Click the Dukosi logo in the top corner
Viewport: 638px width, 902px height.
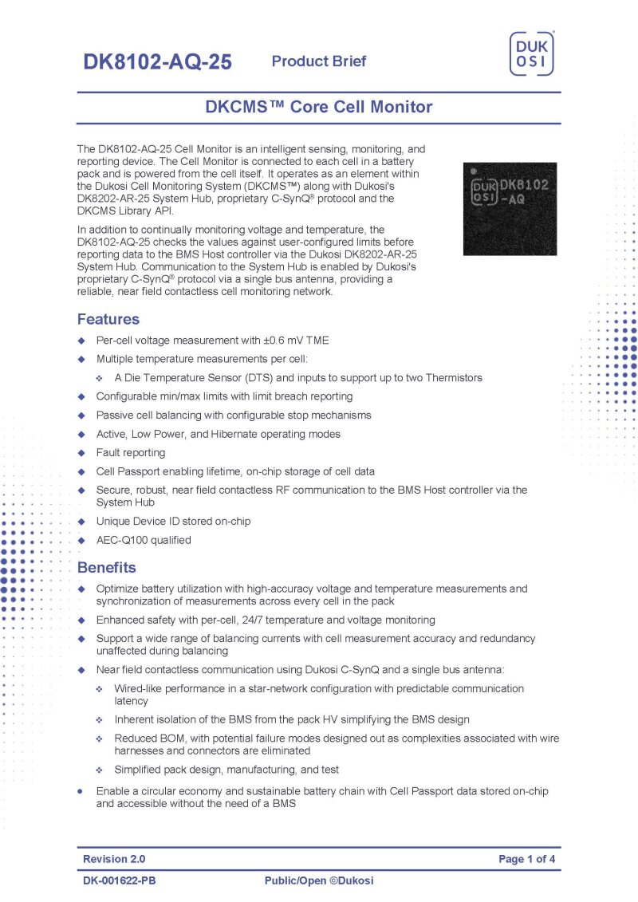tap(532, 54)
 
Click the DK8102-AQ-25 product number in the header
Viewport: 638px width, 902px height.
tap(157, 62)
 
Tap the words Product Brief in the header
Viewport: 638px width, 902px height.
tap(319, 61)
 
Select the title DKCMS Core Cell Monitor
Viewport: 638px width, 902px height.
tap(319, 107)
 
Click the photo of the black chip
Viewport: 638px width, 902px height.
tap(510, 209)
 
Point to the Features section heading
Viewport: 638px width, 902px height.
tap(108, 320)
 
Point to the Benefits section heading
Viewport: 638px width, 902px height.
tap(106, 568)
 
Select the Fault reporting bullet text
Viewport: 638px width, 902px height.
tap(131, 453)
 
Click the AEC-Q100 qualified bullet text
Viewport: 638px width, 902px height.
tap(144, 540)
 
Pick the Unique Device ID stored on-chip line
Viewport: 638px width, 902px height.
tap(173, 522)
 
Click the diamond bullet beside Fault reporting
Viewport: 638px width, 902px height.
tap(81, 453)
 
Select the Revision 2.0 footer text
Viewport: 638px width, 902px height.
tap(114, 859)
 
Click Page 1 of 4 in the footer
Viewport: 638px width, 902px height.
tap(526, 859)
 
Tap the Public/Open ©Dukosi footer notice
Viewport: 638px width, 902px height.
tap(319, 880)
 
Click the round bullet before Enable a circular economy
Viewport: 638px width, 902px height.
tap(81, 791)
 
